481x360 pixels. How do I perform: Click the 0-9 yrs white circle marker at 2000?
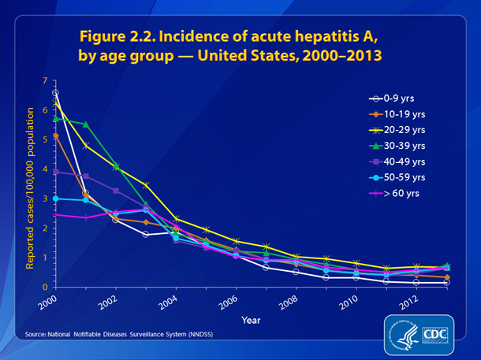[x=55, y=93]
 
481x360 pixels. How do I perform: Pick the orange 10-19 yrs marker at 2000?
[x=55, y=136]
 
